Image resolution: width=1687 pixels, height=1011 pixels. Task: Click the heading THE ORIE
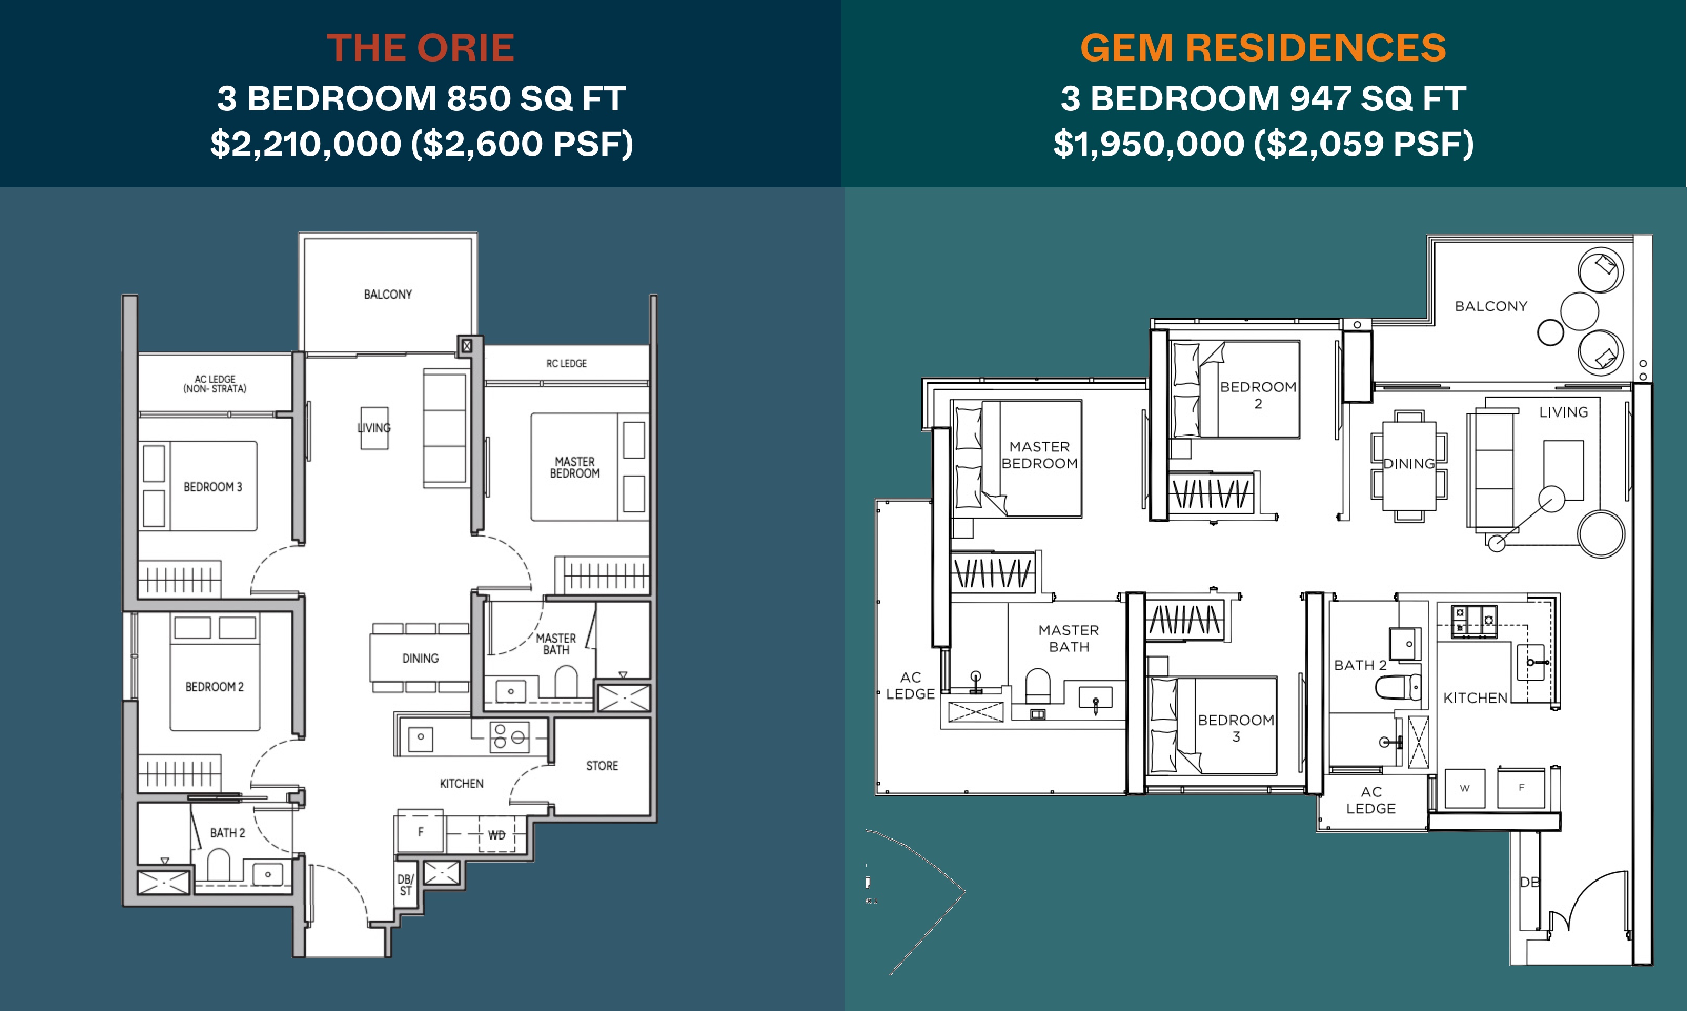tap(420, 48)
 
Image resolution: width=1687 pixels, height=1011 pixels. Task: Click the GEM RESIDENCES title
tap(1263, 48)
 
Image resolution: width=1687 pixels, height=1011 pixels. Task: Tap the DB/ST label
tap(405, 885)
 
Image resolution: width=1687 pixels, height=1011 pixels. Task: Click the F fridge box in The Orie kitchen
tap(420, 831)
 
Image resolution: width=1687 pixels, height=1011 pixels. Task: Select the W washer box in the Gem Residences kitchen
tap(1464, 788)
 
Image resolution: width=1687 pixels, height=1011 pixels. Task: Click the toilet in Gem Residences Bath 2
tap(1398, 687)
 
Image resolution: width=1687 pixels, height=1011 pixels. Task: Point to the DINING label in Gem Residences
tap(1408, 464)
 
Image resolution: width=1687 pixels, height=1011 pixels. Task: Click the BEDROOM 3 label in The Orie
tap(212, 487)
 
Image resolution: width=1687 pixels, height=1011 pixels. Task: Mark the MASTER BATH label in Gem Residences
tap(1069, 639)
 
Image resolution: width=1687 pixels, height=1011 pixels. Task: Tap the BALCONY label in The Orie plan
tap(388, 295)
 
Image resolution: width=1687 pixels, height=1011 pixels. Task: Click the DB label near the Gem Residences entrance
tap(1529, 882)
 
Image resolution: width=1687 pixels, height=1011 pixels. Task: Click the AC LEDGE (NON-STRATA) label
tap(215, 384)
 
